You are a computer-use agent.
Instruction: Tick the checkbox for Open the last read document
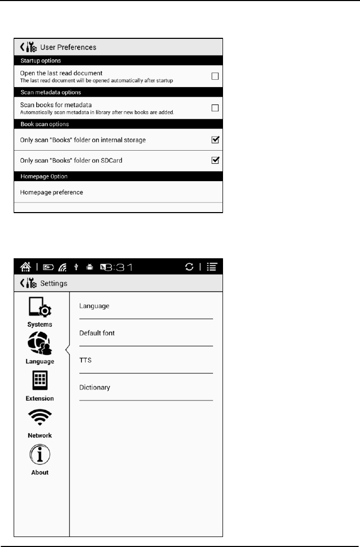215,76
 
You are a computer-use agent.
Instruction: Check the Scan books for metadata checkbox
215,108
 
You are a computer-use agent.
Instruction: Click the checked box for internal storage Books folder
215,140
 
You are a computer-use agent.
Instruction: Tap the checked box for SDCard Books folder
215,161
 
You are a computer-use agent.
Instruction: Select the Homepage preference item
51,192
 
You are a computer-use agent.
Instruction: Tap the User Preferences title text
68,47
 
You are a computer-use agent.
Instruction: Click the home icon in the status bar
25,267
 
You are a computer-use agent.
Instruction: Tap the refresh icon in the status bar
189,267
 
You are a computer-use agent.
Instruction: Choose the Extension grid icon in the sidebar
40,381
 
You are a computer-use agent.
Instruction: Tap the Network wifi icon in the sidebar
40,418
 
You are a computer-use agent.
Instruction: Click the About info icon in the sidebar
40,454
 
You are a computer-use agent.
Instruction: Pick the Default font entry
97,333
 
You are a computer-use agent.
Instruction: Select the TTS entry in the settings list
85,360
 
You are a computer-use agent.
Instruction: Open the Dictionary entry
94,387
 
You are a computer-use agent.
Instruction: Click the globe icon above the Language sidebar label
40,344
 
